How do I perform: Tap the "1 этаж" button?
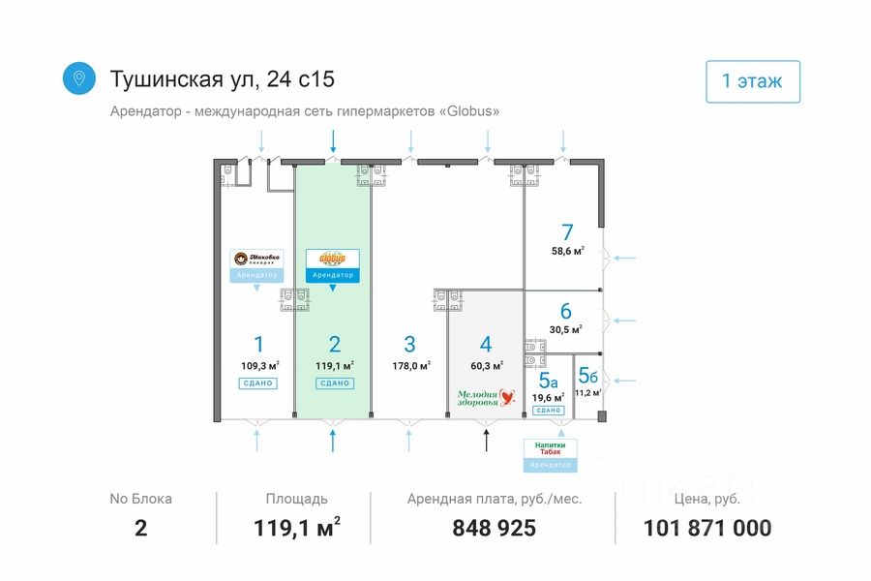752,81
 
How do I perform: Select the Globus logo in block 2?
332,260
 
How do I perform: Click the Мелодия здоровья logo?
487,397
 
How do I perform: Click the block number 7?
567,232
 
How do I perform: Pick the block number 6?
566,312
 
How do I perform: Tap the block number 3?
409,344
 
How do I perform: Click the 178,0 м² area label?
410,366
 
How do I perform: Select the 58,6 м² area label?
567,252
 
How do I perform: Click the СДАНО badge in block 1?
258,383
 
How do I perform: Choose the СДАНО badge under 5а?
548,411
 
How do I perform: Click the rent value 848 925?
494,529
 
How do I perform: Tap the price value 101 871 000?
707,529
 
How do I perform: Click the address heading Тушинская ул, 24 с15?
223,78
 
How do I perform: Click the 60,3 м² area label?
487,366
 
